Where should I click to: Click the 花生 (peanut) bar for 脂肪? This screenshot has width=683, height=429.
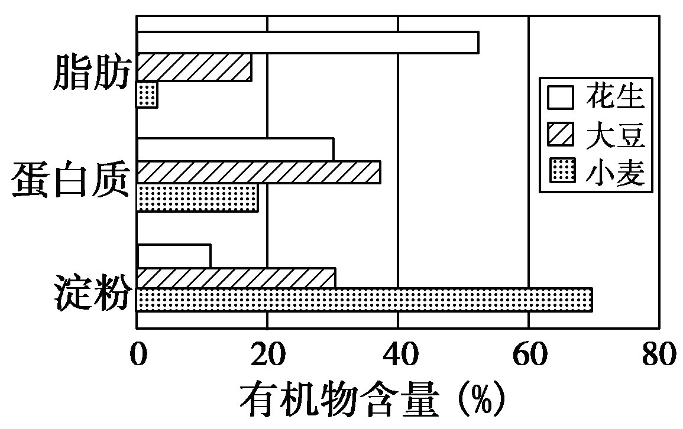pos(307,43)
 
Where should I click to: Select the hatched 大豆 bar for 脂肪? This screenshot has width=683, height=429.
pos(194,67)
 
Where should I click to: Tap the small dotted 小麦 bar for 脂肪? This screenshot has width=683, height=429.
pos(147,95)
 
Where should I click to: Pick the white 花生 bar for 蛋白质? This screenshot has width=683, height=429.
pos(235,149)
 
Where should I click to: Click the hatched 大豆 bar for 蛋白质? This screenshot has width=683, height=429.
pos(258,173)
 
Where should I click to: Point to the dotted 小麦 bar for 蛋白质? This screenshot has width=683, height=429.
pos(197,198)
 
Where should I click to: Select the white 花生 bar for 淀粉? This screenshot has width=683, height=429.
pos(173,255)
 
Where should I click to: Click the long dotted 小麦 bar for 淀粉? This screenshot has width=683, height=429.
pos(364,300)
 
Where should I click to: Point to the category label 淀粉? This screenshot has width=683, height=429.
pos(91,291)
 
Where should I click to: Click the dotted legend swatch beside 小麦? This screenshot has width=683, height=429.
pos(561,174)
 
